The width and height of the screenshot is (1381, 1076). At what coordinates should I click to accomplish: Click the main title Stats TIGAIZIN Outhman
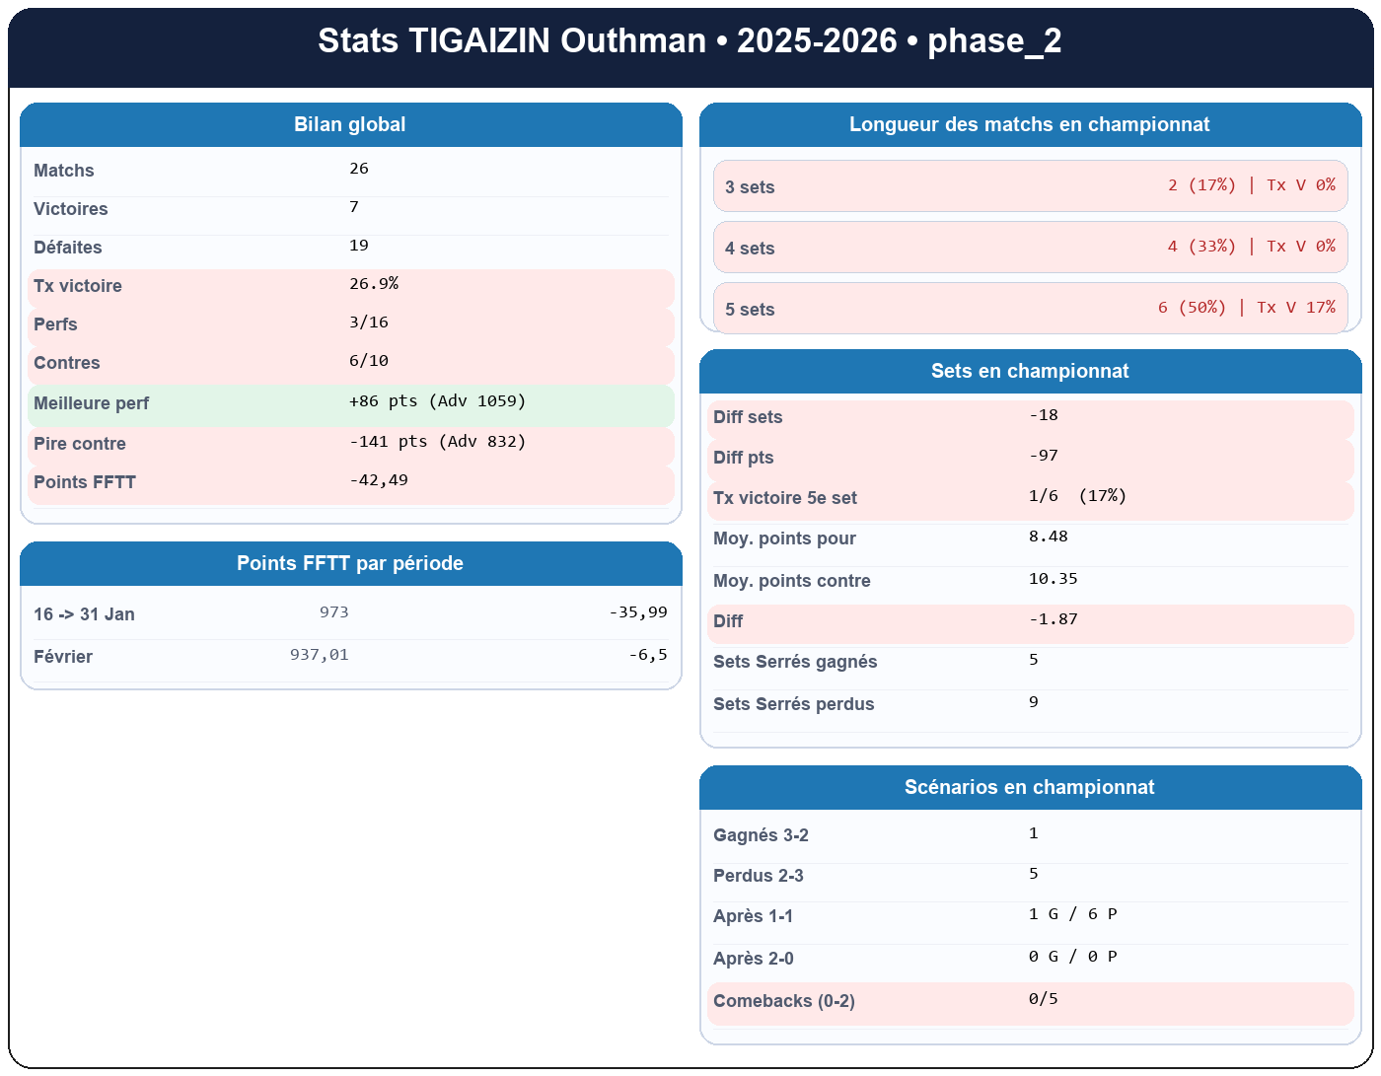point(690,41)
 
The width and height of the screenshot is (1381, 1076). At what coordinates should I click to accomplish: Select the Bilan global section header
point(350,124)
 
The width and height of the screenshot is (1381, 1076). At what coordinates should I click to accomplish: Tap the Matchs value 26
point(359,169)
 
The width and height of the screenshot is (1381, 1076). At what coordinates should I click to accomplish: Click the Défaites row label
point(68,248)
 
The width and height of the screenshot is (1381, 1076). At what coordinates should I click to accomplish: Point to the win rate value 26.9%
point(374,284)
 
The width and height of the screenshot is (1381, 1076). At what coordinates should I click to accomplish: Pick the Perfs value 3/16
point(369,323)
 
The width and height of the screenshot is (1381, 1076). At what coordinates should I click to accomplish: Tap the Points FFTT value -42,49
point(379,480)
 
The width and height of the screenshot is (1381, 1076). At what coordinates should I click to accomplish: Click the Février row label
point(63,657)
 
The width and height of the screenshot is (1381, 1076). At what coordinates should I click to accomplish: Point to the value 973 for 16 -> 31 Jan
point(333,612)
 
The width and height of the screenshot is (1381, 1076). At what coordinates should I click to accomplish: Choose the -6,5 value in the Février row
point(647,655)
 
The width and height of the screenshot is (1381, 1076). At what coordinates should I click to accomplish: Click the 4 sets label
point(750,249)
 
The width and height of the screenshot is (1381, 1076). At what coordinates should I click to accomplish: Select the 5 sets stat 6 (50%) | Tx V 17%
point(1246,308)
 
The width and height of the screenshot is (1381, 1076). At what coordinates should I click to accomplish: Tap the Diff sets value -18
point(1044,415)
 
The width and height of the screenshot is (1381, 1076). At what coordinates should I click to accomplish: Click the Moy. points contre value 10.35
point(1053,579)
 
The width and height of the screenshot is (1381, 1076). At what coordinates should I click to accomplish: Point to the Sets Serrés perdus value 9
point(1034,702)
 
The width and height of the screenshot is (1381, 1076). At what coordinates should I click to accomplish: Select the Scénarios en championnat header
point(1030,787)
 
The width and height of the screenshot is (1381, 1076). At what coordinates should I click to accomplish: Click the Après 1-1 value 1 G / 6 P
point(1072,914)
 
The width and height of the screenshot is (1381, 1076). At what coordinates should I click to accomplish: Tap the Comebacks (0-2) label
point(784,1001)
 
